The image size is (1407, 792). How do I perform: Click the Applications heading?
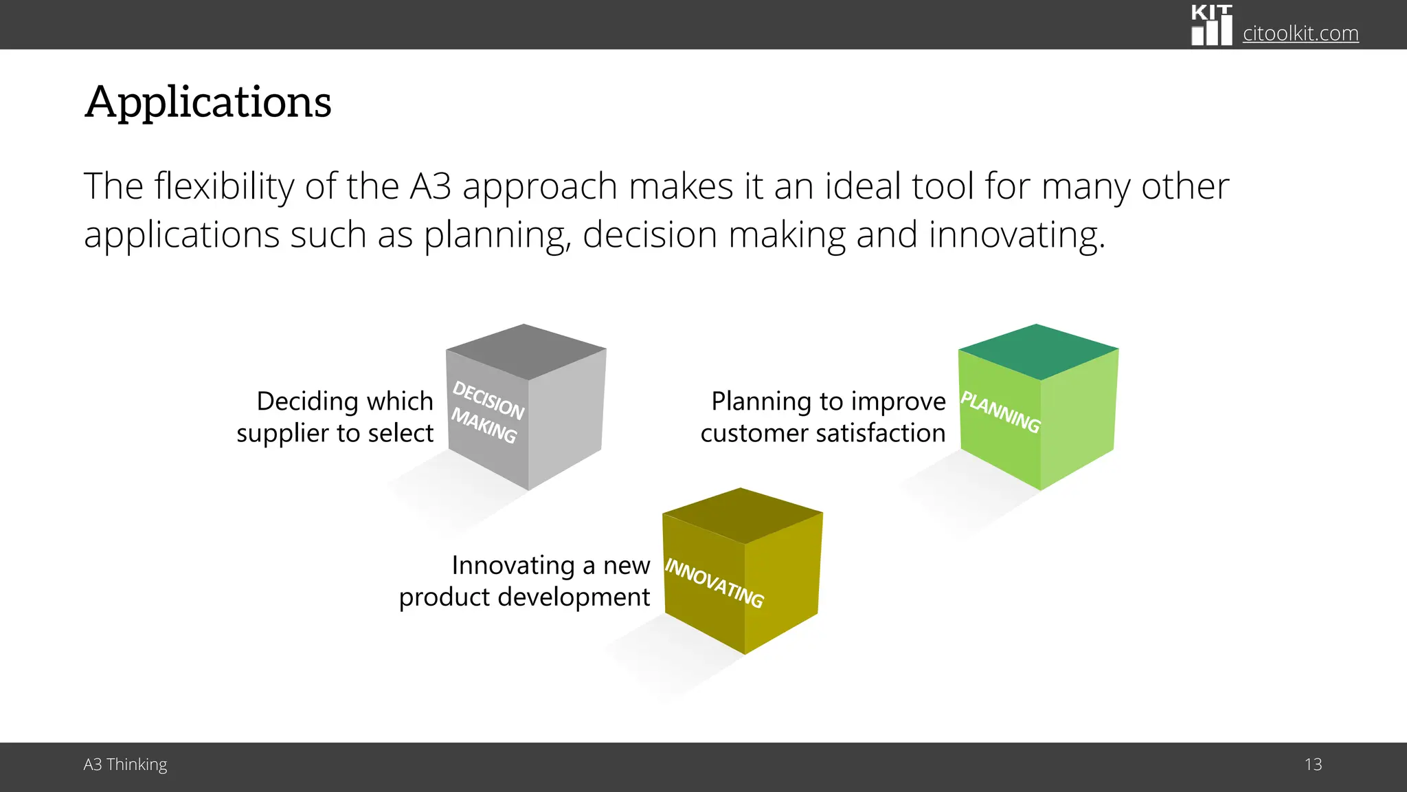207,102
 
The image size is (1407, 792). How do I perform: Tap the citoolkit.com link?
1300,33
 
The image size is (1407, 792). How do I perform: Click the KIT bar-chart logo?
1211,25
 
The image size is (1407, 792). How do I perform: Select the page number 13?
1313,764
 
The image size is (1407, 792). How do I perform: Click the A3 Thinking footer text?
125,764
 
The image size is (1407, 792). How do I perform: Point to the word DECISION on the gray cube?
488,400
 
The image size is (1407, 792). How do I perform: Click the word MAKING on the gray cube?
484,426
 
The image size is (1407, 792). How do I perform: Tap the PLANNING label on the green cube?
1000,412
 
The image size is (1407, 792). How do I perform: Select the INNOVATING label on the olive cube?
714,583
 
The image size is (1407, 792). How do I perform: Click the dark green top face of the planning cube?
1038,351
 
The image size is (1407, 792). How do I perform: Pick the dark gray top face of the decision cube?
526,351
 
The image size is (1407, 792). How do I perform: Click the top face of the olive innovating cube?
742,516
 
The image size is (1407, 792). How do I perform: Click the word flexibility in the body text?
224,186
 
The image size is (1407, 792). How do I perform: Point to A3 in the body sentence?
430,186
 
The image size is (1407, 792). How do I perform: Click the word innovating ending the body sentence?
1016,235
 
